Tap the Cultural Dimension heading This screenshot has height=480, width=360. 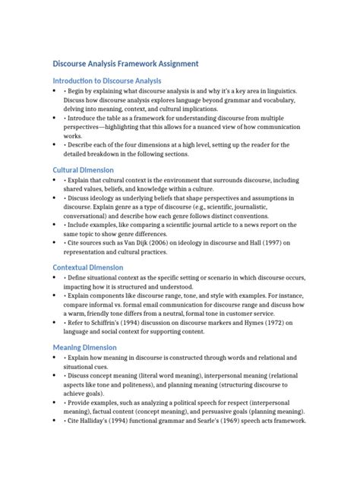(x=84, y=170)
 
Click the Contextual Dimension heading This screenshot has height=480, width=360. (x=88, y=267)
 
